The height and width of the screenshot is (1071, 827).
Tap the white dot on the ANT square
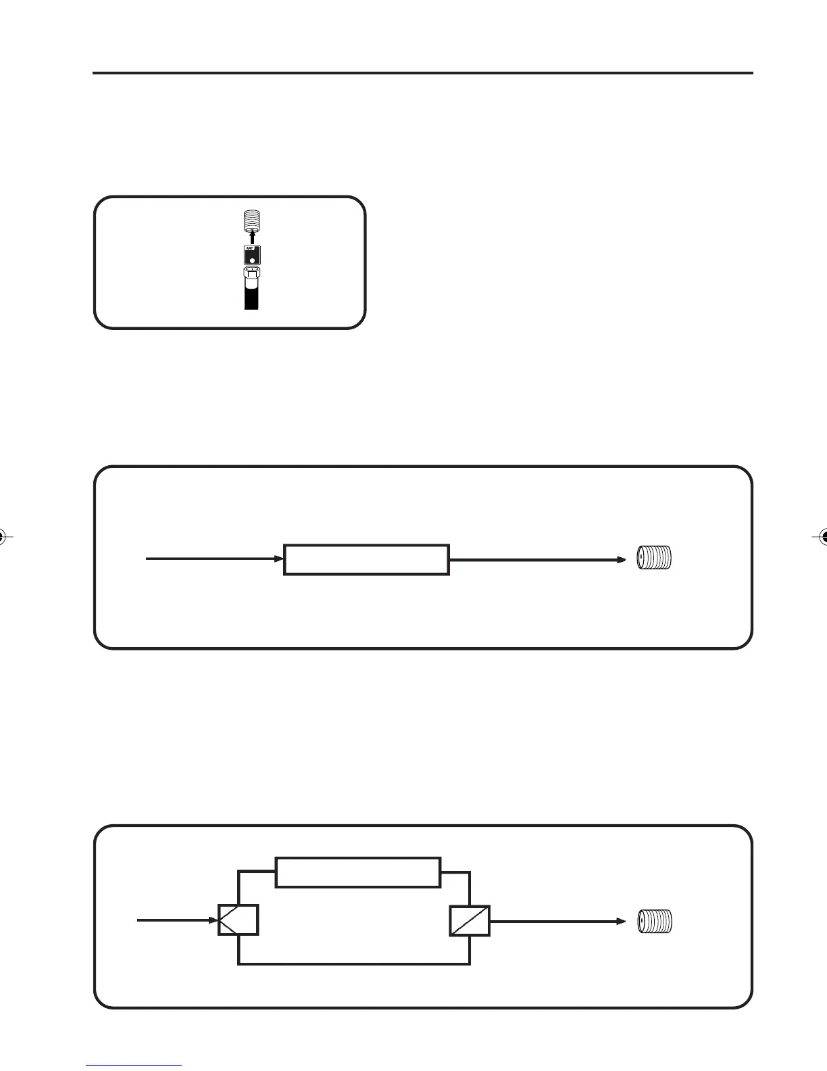[x=252, y=259]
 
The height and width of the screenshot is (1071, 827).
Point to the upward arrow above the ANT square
[x=252, y=235]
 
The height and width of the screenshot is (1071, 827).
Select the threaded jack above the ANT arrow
[x=252, y=220]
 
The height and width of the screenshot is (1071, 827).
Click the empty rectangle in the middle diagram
[x=366, y=559]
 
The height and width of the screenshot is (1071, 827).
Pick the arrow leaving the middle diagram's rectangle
[x=537, y=559]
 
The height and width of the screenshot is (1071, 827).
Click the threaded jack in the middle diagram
[x=655, y=558]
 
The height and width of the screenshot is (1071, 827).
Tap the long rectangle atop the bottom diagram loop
[x=358, y=872]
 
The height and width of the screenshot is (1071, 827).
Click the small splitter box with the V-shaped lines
[x=238, y=920]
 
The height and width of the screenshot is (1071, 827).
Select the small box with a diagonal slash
[x=470, y=920]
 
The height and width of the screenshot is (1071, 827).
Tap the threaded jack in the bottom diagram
[x=655, y=921]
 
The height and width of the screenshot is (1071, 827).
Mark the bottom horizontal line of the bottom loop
[x=354, y=963]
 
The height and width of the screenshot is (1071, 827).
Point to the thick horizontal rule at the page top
[x=422, y=73]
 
